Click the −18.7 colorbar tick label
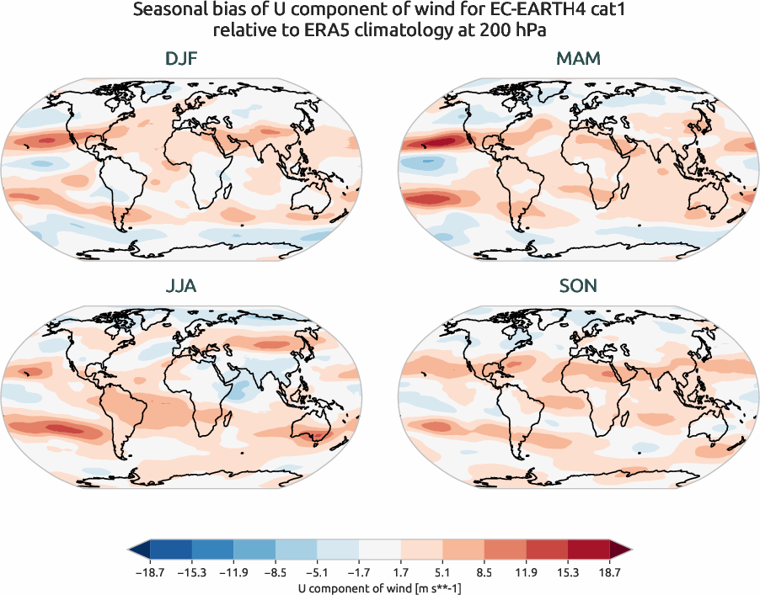149,571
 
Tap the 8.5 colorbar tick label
484,571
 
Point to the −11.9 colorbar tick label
233,571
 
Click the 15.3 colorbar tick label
568,571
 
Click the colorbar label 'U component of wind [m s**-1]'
380,588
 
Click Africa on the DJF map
198,164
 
